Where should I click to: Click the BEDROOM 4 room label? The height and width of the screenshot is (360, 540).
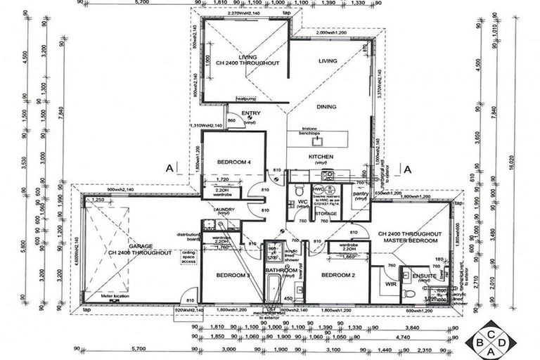coord(233,162)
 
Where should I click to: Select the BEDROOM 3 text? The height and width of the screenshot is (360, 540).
coord(233,275)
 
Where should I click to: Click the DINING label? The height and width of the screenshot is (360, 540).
coord(326,107)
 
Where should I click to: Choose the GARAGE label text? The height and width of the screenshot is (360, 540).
coord(141,246)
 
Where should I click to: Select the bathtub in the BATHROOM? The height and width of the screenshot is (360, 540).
coord(272,288)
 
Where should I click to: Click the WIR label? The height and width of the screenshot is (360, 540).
coord(392,285)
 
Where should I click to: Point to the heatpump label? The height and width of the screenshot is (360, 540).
coord(245,99)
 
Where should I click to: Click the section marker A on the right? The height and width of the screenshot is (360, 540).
coord(406,168)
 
